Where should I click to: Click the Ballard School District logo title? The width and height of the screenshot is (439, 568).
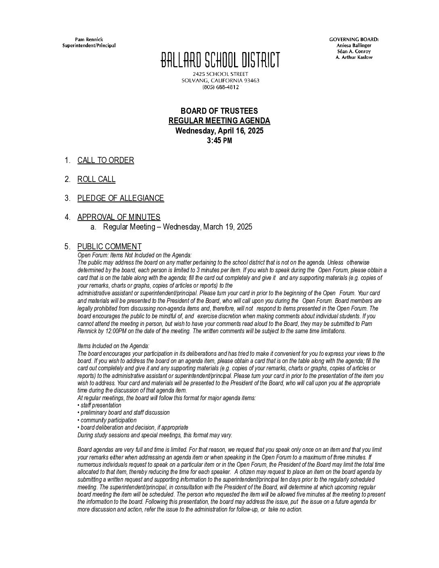[220, 61]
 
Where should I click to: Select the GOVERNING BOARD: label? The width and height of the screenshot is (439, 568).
[354, 39]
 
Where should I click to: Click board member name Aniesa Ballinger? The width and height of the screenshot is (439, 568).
[354, 45]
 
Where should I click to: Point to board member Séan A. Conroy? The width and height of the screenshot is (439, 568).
[354, 51]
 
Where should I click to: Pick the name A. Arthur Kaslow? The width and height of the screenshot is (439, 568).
[354, 57]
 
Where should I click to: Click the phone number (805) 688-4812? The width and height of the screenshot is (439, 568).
[220, 87]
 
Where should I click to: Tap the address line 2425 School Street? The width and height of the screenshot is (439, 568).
[220, 74]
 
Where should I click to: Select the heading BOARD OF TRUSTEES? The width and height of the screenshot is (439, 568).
[219, 111]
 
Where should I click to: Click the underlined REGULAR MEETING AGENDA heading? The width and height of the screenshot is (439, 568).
[219, 121]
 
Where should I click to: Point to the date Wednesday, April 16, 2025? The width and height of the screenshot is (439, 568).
[219, 131]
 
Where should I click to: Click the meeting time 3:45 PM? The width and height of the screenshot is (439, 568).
[219, 141]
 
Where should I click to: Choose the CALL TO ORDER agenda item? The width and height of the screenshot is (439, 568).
[106, 160]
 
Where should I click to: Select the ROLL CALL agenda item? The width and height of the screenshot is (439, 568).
[96, 179]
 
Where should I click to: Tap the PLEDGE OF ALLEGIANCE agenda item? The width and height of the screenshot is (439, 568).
[121, 198]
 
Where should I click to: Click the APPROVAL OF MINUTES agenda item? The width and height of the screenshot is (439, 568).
[119, 217]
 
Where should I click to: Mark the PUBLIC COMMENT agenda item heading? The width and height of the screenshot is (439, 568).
[109, 246]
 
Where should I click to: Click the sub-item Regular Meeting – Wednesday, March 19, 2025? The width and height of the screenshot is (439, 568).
[178, 227]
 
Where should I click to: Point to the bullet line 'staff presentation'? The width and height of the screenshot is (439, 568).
[100, 405]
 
